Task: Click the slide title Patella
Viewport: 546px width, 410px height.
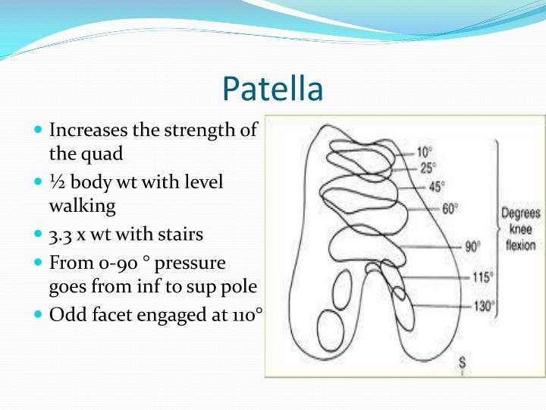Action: point(273,89)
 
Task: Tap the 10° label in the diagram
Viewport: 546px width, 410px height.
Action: point(425,151)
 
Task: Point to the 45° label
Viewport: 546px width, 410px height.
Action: point(437,185)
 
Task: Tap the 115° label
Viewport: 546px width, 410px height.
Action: point(481,277)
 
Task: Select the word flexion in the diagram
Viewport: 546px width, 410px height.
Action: point(520,245)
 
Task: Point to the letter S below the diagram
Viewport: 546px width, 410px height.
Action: point(462,361)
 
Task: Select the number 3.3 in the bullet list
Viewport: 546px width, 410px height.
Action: point(62,235)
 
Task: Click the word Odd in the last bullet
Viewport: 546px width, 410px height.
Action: point(65,314)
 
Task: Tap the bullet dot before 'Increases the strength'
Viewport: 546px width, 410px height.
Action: point(39,131)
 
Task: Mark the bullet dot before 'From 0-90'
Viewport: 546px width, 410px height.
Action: point(39,263)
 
